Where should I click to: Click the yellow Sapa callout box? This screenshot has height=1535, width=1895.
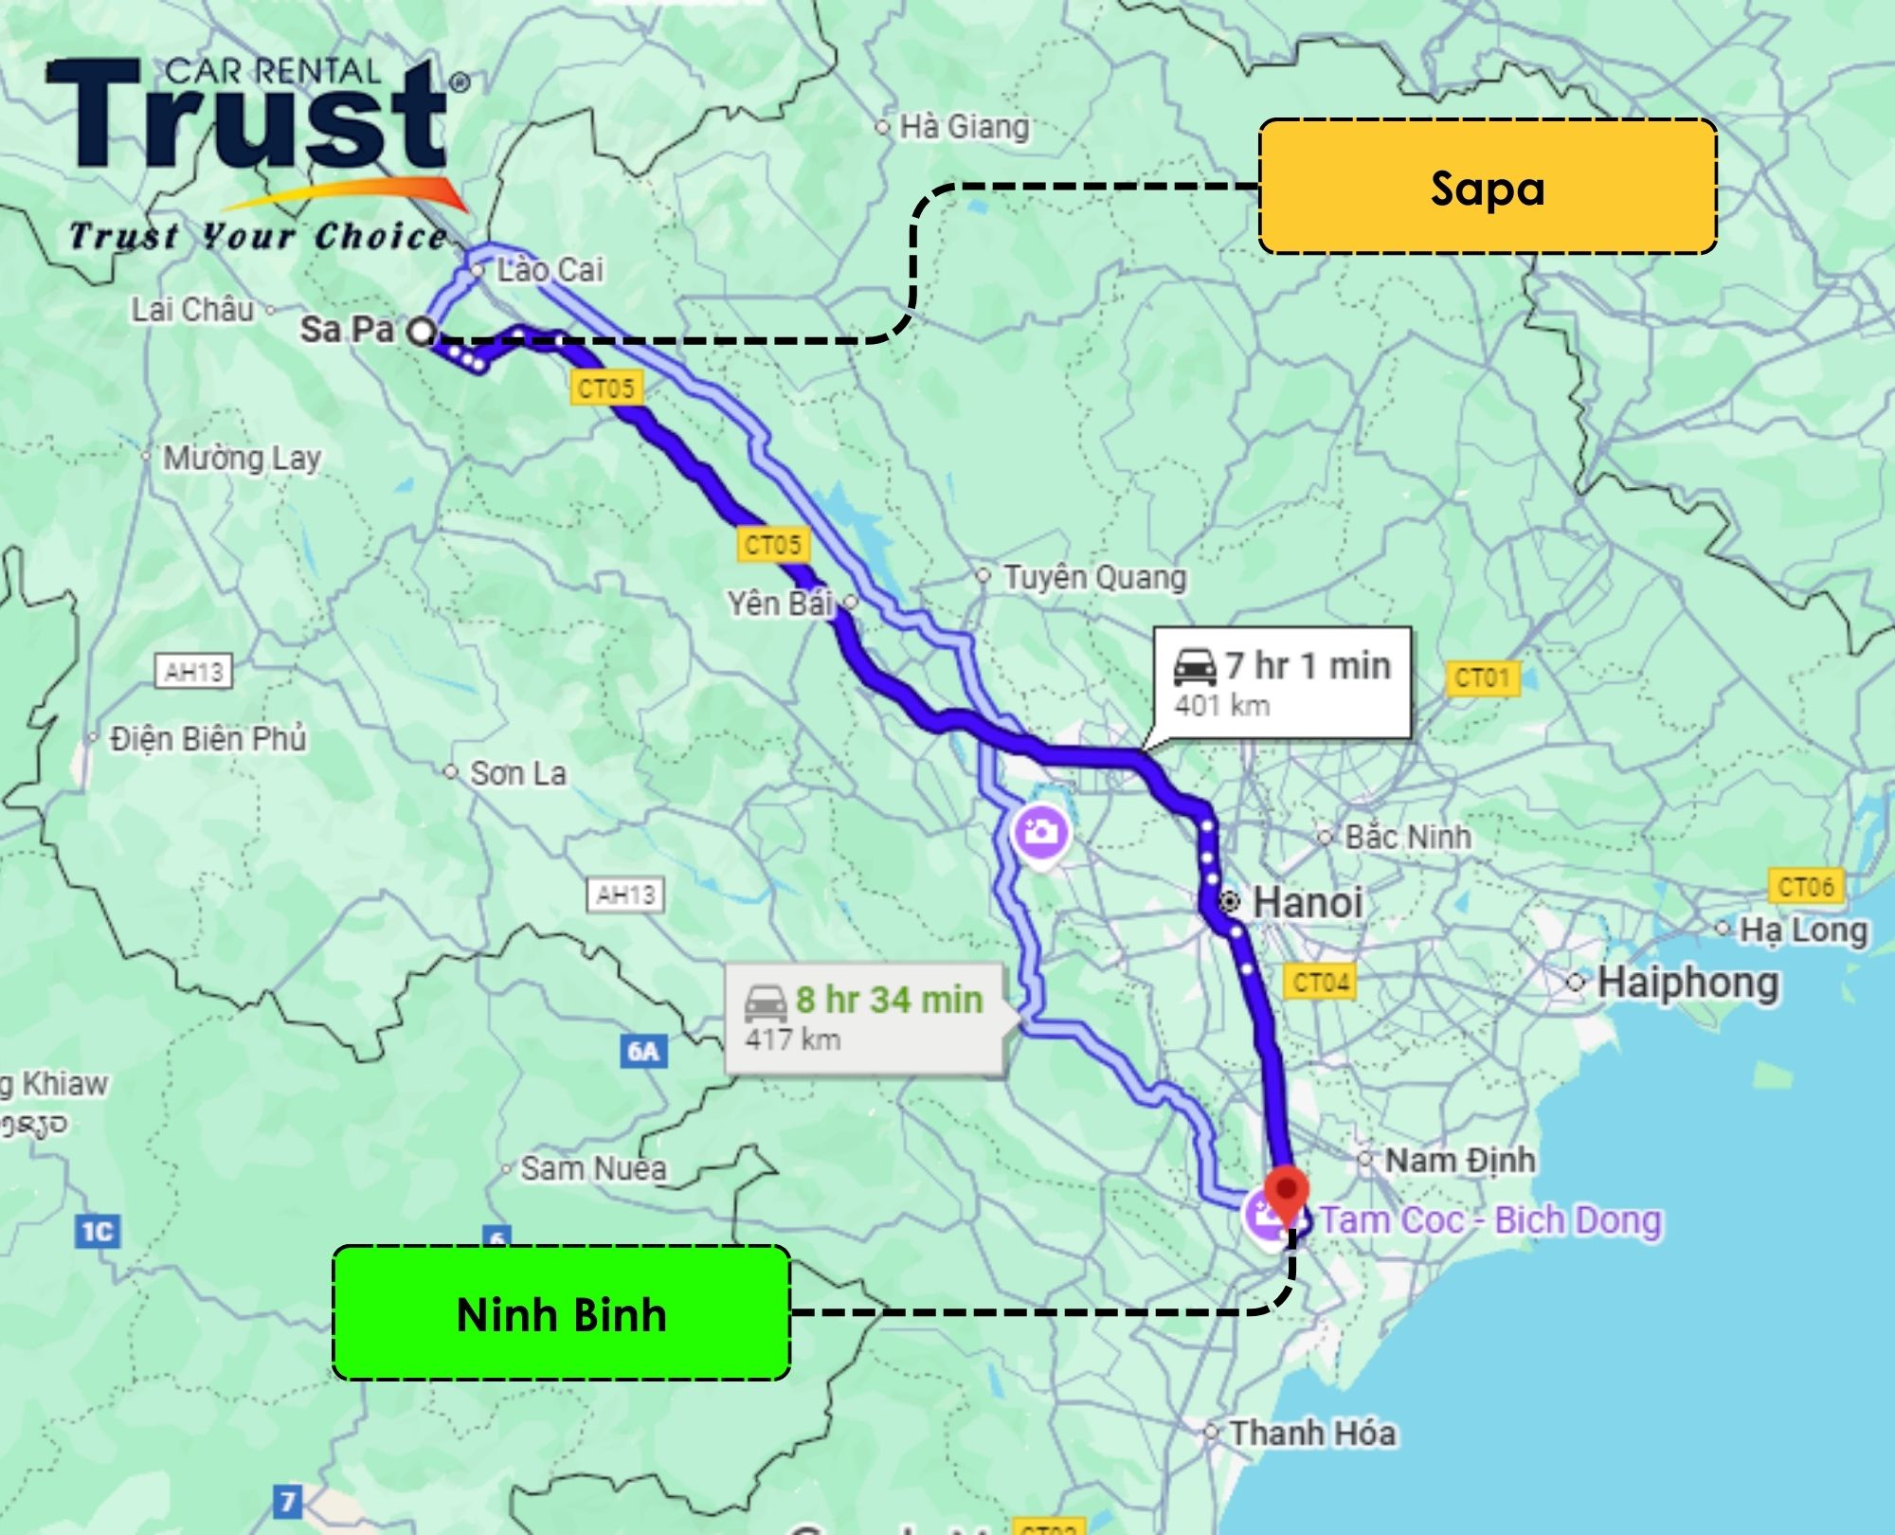pos(1488,187)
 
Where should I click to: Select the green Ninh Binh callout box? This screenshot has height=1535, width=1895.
pos(561,1313)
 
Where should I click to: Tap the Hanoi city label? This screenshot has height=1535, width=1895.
pos(1308,901)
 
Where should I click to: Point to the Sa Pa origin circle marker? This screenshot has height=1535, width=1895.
pos(422,332)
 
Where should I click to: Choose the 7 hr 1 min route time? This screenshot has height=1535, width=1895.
pos(1308,666)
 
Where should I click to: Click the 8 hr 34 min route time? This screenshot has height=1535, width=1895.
pos(889,1000)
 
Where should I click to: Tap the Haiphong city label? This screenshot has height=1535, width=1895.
pos(1687,983)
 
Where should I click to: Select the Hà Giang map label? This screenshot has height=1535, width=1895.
pos(964,126)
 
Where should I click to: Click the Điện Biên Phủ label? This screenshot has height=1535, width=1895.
pos(208,738)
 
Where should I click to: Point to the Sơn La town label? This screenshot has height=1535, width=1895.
pos(517,773)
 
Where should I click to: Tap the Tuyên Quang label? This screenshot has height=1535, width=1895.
pos(1094,577)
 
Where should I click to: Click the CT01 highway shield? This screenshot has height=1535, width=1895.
pos(1482,678)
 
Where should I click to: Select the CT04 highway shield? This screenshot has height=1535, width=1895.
pos(1321,982)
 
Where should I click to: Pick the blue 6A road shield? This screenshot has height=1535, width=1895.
pos(643,1051)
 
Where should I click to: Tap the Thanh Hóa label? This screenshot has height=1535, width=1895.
pos(1312,1433)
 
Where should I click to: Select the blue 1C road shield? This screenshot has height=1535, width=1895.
pos(97,1232)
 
